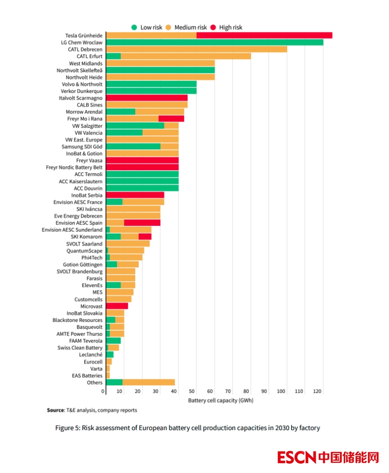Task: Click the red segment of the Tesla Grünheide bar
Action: tap(264, 35)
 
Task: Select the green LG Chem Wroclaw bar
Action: tap(214, 42)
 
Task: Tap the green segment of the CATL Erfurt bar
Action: tap(113, 56)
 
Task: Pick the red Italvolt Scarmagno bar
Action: tap(147, 98)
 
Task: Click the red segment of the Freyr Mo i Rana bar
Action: tap(171, 118)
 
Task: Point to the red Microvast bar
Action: tap(117, 306)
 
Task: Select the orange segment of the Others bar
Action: tap(148, 382)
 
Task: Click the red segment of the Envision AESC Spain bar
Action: tap(142, 223)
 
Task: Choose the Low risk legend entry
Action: tap(147, 27)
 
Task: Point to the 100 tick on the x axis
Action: tap(281, 391)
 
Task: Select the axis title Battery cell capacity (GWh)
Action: tap(221, 400)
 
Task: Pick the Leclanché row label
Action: tap(91, 355)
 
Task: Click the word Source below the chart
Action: tap(56, 410)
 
